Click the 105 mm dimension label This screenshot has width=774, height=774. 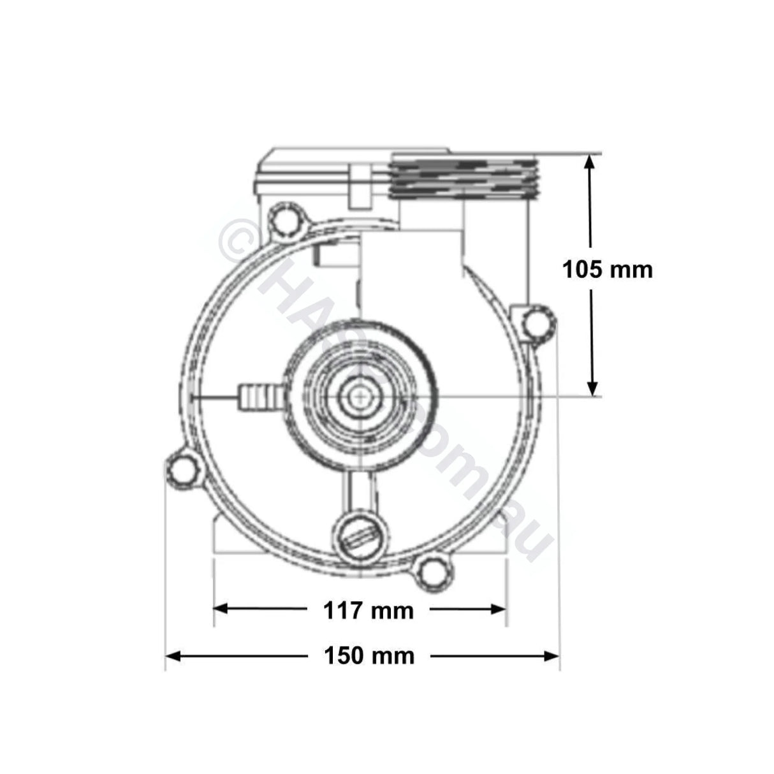[x=607, y=270]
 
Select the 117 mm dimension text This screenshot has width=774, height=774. [x=369, y=611]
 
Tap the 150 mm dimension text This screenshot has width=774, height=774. [x=369, y=655]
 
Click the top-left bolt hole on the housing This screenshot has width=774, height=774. [x=282, y=219]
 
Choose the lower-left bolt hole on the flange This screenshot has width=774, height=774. [x=183, y=470]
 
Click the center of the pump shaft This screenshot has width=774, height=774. [x=361, y=396]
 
